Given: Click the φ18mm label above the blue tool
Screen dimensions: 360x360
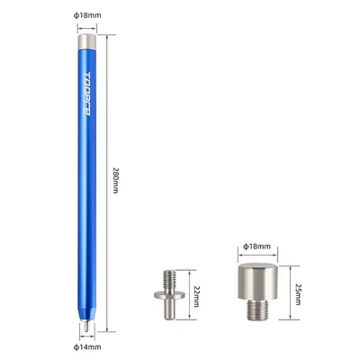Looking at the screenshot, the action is coord(87,15).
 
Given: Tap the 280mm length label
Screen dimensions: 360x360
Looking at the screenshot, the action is coord(116,180).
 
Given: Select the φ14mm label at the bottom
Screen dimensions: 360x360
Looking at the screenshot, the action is coord(87,347).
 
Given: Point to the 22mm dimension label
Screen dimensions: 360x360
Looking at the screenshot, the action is coord(196,296).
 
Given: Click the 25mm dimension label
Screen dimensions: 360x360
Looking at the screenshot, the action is coord(298,294).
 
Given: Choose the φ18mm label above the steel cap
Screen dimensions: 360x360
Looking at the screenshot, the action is coord(256,247).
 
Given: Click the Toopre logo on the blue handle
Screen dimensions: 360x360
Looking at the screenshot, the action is coord(87,94).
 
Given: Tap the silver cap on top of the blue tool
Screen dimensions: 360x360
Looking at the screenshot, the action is coord(87,41).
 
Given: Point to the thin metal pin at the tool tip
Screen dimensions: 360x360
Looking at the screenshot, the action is coord(86,326).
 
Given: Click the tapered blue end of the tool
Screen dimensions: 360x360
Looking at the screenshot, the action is coord(86,313).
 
